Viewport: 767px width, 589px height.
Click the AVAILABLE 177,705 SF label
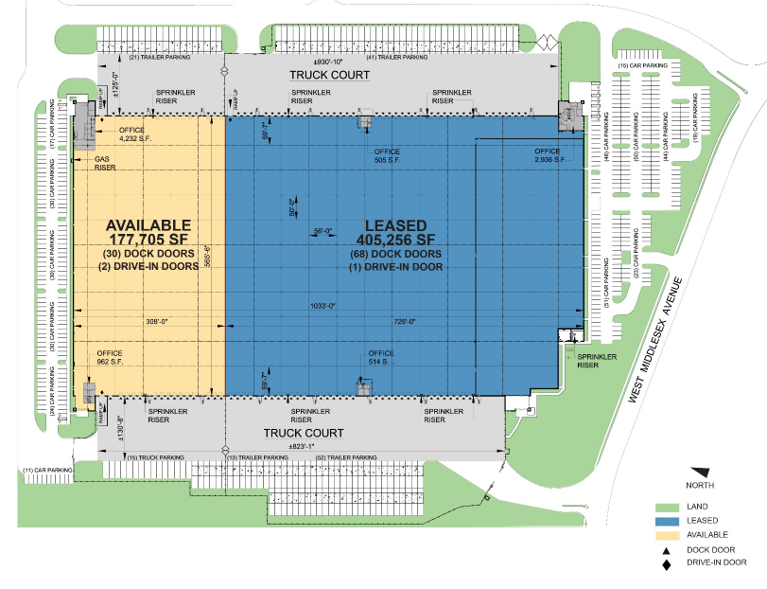[148, 232]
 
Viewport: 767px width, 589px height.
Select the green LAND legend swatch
[669, 507]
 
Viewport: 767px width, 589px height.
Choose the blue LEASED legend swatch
[669, 521]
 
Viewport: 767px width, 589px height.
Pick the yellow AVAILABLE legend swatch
[669, 534]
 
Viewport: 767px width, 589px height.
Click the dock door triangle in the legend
[669, 549]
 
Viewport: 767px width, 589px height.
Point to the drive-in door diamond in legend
[669, 563]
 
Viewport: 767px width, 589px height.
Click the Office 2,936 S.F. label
[549, 155]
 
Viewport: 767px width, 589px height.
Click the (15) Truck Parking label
[147, 457]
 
